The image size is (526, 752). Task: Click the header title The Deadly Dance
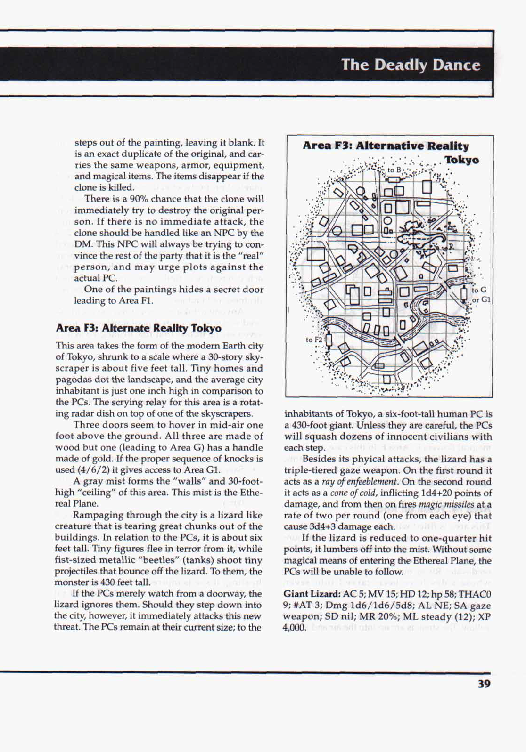coord(411,65)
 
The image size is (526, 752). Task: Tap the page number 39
coord(484,684)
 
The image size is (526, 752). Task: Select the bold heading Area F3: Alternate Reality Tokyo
coord(138,328)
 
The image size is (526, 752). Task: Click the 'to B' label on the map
coord(394,170)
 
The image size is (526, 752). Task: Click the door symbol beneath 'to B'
coord(394,179)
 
